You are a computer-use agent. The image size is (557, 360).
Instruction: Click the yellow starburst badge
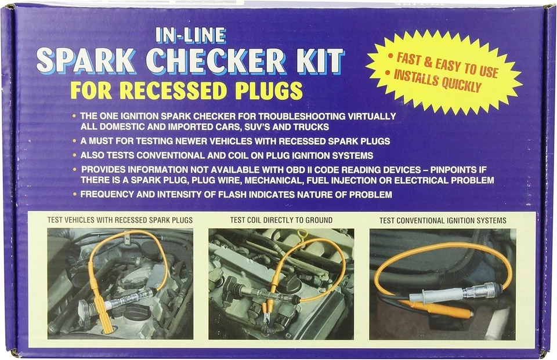click(444, 72)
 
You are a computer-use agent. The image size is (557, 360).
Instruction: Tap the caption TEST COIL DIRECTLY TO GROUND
click(281, 220)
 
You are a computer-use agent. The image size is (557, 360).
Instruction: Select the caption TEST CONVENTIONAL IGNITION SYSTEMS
click(443, 220)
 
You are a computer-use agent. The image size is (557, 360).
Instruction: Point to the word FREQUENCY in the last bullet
click(107, 194)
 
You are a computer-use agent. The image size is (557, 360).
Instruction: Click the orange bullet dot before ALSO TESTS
click(75, 155)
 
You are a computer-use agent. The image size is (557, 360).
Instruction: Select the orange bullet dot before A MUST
click(75, 141)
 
